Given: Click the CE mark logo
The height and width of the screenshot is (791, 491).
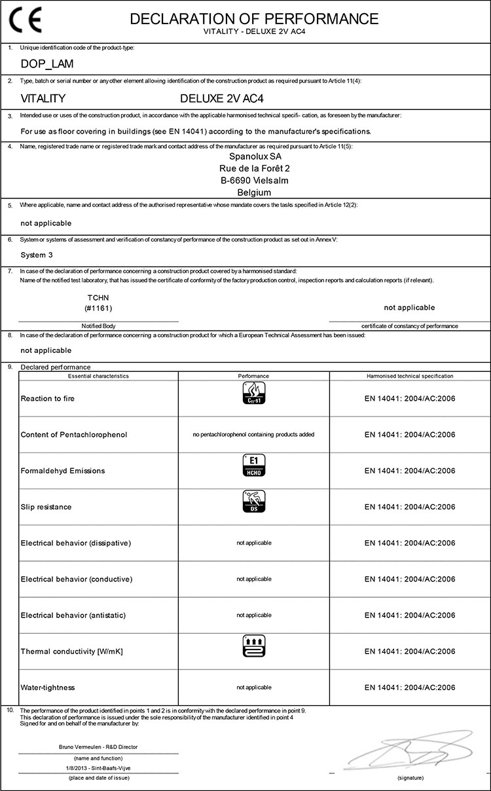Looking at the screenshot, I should click(x=25, y=21).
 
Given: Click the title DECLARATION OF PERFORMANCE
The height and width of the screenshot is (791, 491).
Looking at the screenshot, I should click(x=254, y=18).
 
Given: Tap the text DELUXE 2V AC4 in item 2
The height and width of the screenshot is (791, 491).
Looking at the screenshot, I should click(x=217, y=98).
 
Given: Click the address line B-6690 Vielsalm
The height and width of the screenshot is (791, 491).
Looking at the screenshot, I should click(x=255, y=180).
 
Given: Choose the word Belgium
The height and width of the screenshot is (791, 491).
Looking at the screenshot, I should click(x=255, y=193).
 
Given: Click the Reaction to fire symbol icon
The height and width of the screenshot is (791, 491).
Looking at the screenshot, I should click(x=253, y=393).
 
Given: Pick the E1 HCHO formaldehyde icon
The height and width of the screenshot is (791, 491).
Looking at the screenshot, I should click(x=253, y=465).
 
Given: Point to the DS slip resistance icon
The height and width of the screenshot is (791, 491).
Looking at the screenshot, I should click(x=253, y=502).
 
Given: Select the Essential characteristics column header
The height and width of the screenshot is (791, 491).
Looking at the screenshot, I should click(x=98, y=376).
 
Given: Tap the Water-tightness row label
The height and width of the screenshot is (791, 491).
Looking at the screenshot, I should click(x=48, y=688).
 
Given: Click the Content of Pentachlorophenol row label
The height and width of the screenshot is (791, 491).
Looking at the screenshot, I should click(x=74, y=435).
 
